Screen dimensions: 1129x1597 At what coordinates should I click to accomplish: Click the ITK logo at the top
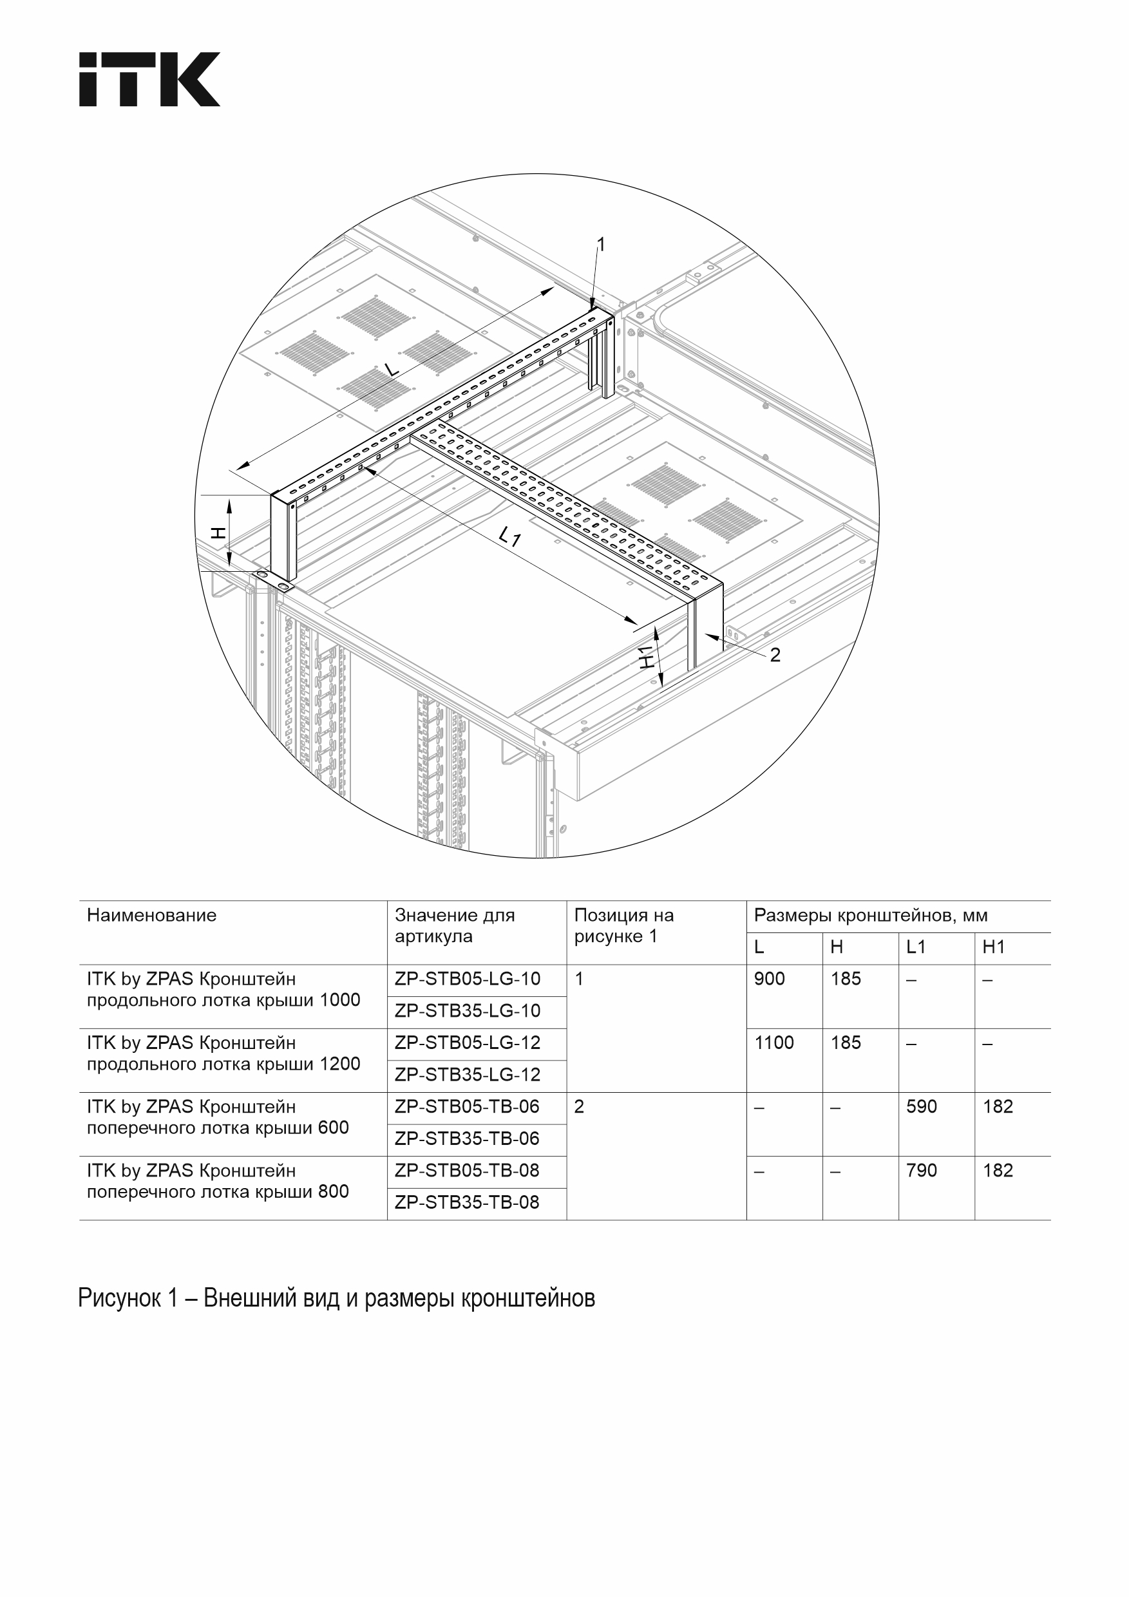click(149, 79)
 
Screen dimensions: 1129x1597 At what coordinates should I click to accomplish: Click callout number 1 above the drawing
click(601, 244)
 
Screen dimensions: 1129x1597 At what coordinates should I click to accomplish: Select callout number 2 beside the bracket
click(775, 654)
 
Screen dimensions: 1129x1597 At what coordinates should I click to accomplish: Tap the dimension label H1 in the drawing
click(647, 657)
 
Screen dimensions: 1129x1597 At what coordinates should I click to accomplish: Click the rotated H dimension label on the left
click(218, 533)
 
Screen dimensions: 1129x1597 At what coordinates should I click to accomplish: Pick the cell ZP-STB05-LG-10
click(468, 979)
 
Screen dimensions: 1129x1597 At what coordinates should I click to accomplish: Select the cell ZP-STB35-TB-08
click(468, 1203)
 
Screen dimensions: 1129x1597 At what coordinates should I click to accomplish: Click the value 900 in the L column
click(770, 979)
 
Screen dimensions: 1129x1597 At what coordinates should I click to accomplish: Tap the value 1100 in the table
click(774, 1043)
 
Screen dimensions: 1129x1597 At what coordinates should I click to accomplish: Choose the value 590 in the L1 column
click(922, 1107)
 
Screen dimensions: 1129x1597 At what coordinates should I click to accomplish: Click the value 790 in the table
click(922, 1171)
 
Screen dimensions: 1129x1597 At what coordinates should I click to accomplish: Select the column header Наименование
click(151, 915)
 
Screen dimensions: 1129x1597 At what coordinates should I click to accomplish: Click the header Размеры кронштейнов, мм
click(871, 915)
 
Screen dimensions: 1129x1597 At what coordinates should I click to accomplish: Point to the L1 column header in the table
click(916, 947)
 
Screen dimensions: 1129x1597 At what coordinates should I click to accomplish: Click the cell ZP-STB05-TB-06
click(468, 1107)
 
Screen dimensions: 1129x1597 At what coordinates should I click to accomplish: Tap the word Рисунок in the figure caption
click(119, 1299)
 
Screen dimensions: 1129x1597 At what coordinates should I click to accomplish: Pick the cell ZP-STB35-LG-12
click(468, 1075)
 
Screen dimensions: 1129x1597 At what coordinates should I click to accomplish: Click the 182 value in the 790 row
click(998, 1171)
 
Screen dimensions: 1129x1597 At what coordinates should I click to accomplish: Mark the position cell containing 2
click(580, 1107)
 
